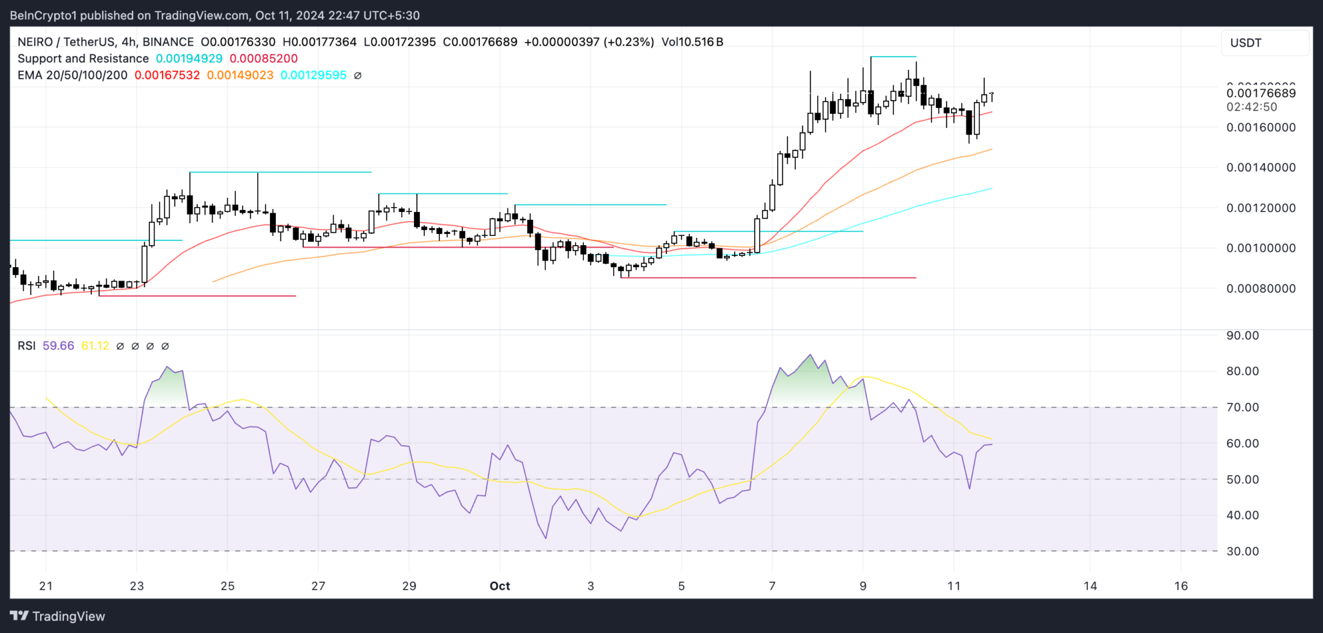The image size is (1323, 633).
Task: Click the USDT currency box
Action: click(x=1264, y=43)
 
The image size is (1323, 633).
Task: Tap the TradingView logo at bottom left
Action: click(x=57, y=616)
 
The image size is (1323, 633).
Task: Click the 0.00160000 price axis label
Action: click(x=1260, y=127)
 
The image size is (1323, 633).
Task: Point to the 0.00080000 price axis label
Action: click(x=1260, y=288)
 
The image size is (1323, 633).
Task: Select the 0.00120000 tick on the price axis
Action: click(x=1260, y=208)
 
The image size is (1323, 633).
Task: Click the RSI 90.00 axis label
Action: click(x=1242, y=336)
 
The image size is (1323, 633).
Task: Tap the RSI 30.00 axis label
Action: click(x=1242, y=552)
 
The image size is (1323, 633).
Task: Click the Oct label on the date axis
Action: click(x=499, y=586)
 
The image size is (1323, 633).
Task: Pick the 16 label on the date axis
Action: click(x=1181, y=586)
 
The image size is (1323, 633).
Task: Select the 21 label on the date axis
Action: click(x=46, y=586)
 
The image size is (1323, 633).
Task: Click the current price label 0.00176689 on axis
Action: click(x=1260, y=93)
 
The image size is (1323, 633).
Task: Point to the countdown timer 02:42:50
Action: click(x=1251, y=107)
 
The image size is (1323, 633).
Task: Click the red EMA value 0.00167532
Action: click(x=167, y=75)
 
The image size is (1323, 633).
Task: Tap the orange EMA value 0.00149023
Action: click(x=240, y=75)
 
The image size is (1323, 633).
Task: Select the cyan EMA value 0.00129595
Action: click(x=313, y=75)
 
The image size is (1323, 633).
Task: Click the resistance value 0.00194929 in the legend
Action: click(x=189, y=58)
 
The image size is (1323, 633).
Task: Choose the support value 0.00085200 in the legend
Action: click(x=264, y=58)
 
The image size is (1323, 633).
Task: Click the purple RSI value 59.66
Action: click(x=58, y=346)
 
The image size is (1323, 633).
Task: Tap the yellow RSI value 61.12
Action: click(x=95, y=346)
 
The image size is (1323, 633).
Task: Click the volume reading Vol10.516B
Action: click(x=692, y=42)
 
